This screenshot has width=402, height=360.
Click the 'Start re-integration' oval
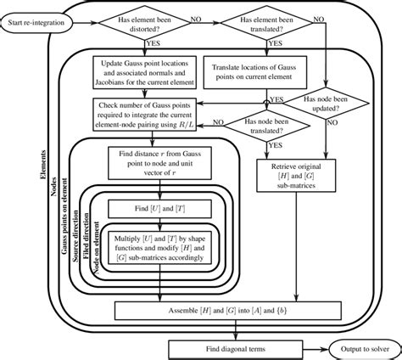39,20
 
